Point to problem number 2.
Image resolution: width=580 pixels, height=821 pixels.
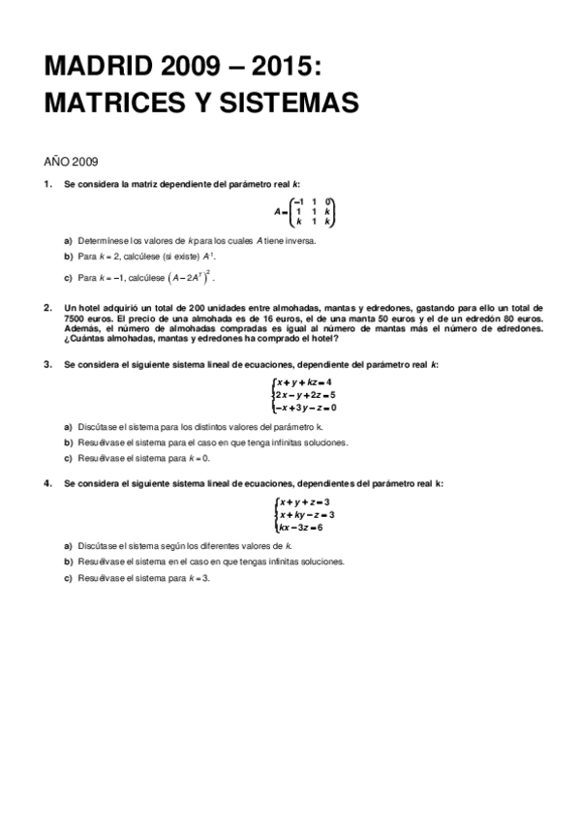pyautogui.click(x=47, y=306)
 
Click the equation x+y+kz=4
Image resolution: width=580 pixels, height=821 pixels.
pyautogui.click(x=305, y=382)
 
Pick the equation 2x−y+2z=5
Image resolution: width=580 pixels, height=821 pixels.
pyautogui.click(x=306, y=395)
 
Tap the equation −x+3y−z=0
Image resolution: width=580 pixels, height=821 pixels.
pyautogui.click(x=306, y=408)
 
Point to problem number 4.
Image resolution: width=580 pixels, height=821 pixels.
pyautogui.click(x=47, y=482)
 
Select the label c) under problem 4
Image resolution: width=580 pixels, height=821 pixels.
pyautogui.click(x=69, y=578)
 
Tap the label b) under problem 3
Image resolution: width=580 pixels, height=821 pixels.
pyautogui.click(x=69, y=442)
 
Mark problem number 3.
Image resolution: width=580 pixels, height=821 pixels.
pyautogui.click(x=47, y=364)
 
